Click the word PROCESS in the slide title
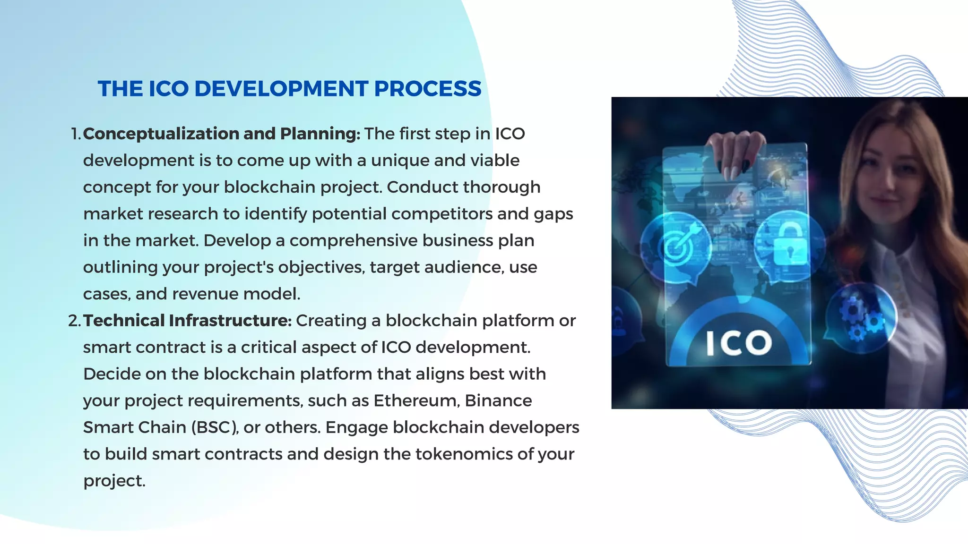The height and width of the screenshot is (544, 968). click(427, 89)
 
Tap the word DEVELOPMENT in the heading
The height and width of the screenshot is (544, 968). click(281, 89)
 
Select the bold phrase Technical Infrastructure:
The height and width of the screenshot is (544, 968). click(187, 321)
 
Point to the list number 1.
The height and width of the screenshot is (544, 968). click(76, 134)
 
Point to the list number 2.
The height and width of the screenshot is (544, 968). click(74, 321)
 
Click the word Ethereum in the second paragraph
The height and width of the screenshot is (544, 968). click(416, 400)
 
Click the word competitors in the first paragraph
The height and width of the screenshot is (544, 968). click(441, 214)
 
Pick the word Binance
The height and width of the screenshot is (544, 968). click(498, 400)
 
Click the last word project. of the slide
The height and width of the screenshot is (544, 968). click(114, 481)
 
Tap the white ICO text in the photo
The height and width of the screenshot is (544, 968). click(739, 343)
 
